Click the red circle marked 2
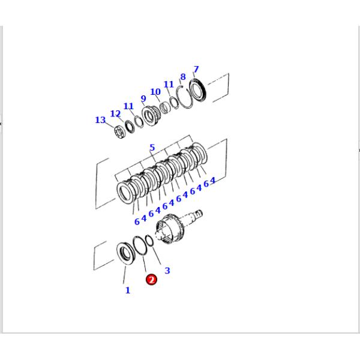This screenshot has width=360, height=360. click(151, 280)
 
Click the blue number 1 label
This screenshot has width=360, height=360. click(128, 290)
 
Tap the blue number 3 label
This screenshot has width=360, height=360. click(167, 271)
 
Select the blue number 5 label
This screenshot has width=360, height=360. click(152, 148)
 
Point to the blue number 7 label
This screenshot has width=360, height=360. click(196, 69)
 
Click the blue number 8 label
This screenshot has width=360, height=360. click(183, 77)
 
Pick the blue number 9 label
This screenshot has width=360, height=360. click(143, 98)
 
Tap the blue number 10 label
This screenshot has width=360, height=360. click(155, 92)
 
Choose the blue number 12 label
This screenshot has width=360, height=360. click(115, 113)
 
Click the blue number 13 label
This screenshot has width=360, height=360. click(100, 120)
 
